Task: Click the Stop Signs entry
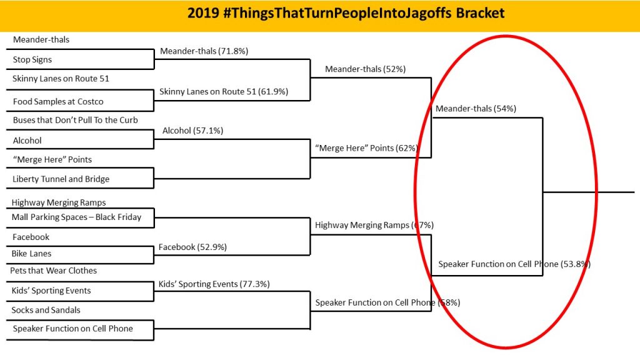[32, 59]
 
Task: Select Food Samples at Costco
[58, 102]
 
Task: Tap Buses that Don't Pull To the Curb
[76, 120]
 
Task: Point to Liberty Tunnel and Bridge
[61, 179]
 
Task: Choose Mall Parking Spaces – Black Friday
[76, 217]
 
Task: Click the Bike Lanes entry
[31, 254]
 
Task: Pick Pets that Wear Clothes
[54, 271]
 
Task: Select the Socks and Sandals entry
[46, 310]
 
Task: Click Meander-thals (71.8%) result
[204, 51]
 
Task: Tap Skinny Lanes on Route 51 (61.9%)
[224, 91]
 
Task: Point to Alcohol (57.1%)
[192, 131]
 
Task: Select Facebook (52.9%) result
[192, 247]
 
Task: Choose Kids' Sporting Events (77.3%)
[214, 284]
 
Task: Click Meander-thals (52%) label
[365, 69]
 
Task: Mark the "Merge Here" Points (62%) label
[366, 148]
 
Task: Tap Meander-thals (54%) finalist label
[476, 109]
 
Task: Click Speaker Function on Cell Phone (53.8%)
[514, 264]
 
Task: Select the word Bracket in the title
[480, 13]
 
